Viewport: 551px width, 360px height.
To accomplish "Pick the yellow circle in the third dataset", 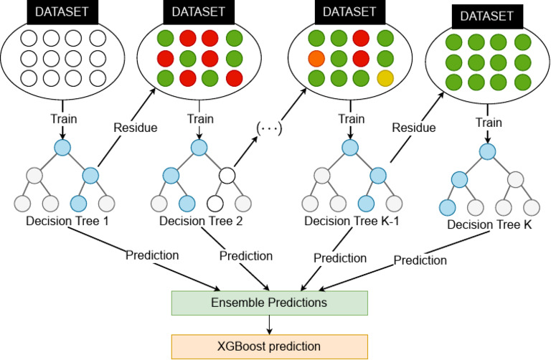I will tap(386, 77).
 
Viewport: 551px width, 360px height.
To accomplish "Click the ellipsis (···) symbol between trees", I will tap(266, 130).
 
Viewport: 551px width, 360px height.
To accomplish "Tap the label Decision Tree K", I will tap(489, 226).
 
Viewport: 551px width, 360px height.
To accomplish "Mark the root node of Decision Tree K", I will tap(488, 151).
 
